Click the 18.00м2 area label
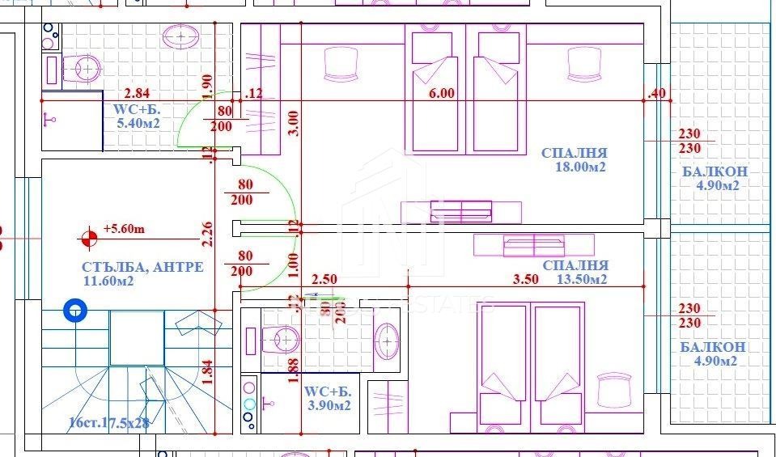(575, 167)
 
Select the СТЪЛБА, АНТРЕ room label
(142, 267)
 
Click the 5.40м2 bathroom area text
(138, 124)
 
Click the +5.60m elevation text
(124, 229)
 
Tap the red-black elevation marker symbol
(87, 239)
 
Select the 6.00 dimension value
(441, 93)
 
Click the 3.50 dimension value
(525, 280)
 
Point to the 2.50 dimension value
(324, 280)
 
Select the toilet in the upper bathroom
(81, 68)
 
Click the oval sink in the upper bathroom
(181, 36)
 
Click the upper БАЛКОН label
(714, 171)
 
